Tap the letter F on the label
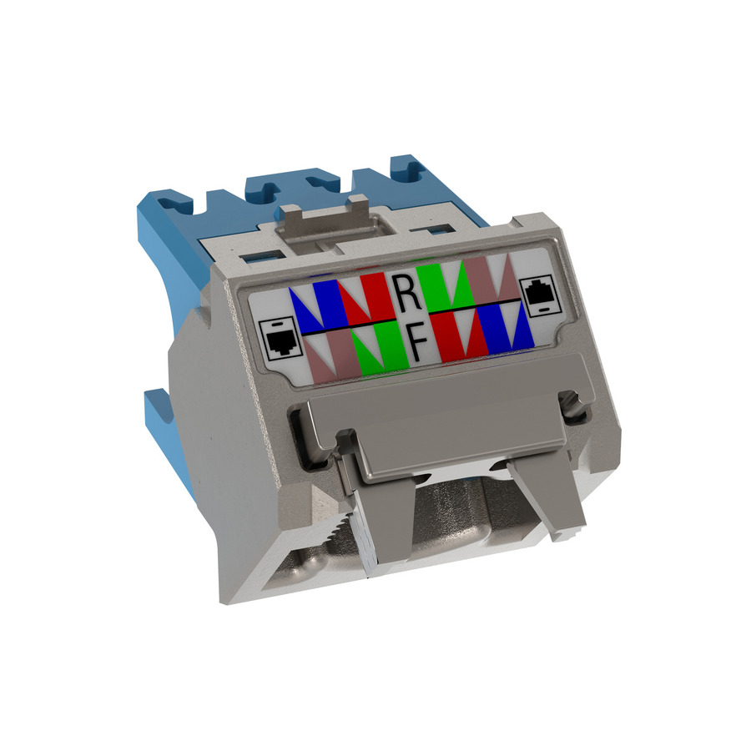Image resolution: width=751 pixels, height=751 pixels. tap(417, 342)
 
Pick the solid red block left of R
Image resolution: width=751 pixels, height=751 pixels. tap(372, 294)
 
